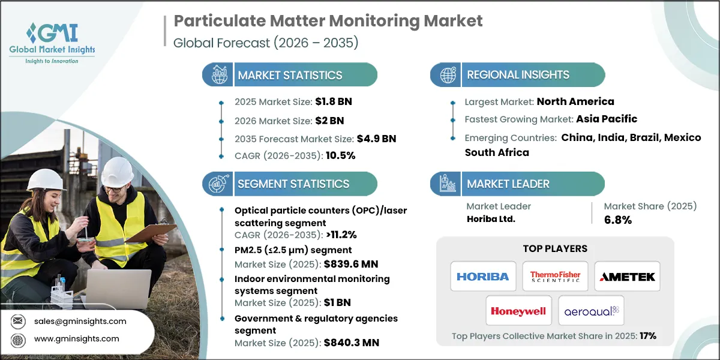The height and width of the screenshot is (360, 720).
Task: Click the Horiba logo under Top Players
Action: [x=482, y=277]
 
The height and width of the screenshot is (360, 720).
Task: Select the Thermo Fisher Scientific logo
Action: [x=555, y=277]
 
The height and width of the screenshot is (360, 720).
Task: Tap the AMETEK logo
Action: [x=627, y=277]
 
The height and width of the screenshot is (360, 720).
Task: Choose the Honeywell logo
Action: [x=518, y=311]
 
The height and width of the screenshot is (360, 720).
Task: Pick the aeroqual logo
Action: [x=591, y=311]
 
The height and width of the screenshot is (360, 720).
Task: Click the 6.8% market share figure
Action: [x=617, y=220]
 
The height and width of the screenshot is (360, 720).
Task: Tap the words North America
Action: [x=575, y=101]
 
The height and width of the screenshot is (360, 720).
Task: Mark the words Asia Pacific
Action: [x=607, y=119]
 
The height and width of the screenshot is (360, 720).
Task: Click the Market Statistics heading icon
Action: [x=218, y=75]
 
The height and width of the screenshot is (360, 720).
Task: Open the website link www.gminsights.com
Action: [x=76, y=339]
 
